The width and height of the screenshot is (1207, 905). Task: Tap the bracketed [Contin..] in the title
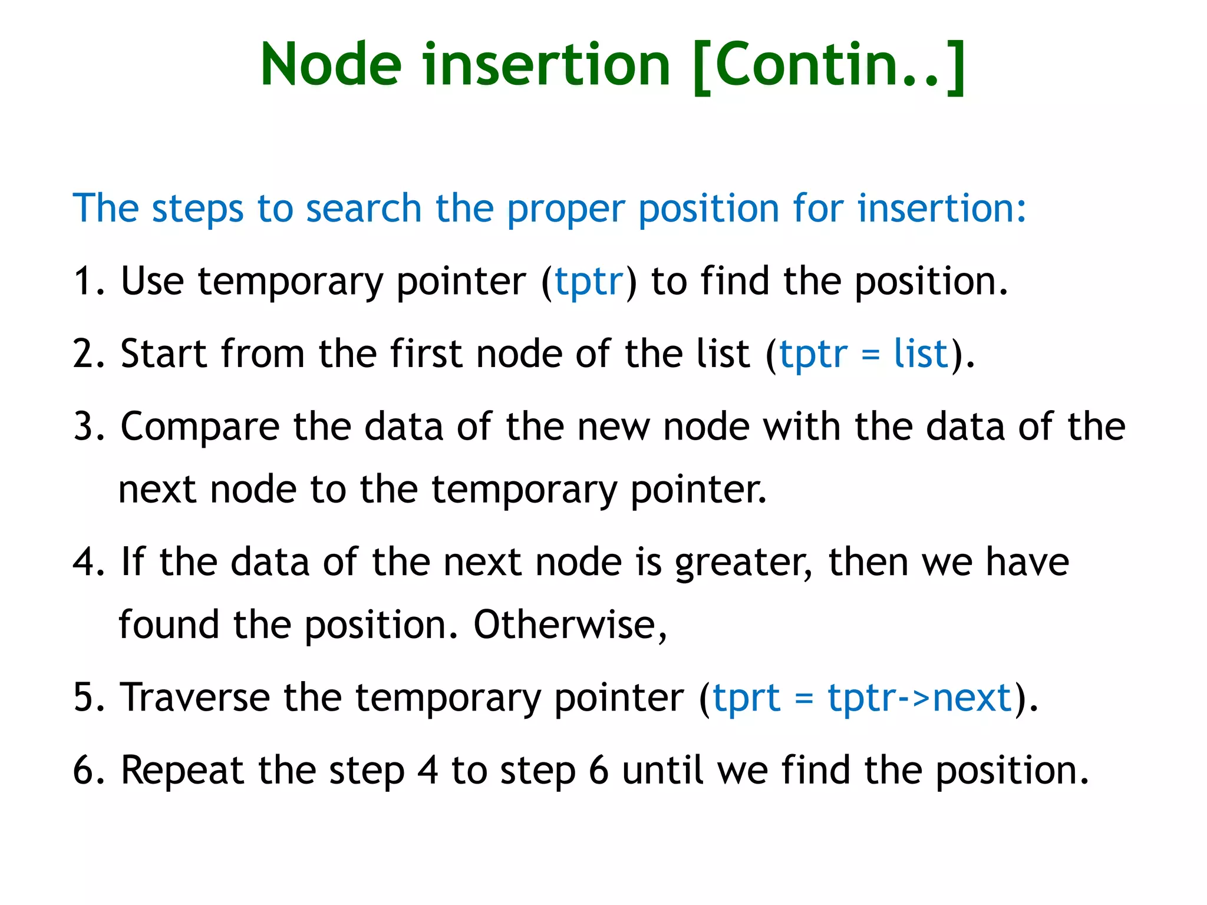click(829, 65)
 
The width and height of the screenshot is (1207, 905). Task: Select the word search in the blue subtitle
click(363, 209)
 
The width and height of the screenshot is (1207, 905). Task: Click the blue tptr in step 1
click(589, 281)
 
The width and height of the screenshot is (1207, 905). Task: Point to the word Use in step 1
click(152, 281)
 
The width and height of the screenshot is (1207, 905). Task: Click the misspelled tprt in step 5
click(746, 698)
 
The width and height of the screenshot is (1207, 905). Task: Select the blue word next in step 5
click(972, 698)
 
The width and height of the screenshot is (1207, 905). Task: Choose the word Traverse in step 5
click(195, 698)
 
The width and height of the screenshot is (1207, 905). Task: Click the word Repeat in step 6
click(182, 771)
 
